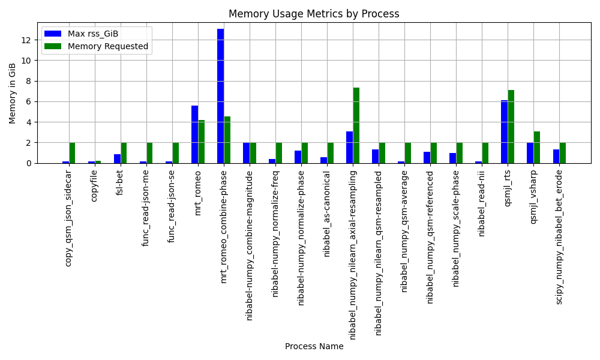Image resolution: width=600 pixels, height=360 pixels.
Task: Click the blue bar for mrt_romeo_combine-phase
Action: (220, 96)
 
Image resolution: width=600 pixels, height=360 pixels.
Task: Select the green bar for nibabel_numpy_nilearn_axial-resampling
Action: (356, 125)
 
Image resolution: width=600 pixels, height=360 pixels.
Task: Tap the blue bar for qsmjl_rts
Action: (505, 131)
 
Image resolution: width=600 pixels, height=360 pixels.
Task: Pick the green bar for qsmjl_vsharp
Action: (537, 147)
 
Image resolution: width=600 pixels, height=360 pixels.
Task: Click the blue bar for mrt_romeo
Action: (195, 134)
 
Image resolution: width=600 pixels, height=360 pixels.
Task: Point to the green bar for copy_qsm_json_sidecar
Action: (73, 153)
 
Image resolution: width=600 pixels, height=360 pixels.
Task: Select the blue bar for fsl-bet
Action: (118, 159)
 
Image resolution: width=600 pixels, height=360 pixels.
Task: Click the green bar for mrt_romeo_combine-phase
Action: (227, 140)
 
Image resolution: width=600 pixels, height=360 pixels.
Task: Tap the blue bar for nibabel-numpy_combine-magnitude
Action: (247, 153)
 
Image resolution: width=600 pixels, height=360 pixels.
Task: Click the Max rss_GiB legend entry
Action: (82, 34)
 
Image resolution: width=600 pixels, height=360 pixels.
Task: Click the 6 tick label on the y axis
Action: (29, 102)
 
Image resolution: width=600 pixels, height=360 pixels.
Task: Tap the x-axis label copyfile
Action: (94, 186)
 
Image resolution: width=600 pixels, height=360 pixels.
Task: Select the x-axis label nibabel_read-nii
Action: (481, 203)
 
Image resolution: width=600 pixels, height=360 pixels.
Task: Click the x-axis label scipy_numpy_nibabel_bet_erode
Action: (559, 237)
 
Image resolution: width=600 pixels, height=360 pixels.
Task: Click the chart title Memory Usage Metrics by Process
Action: (314, 14)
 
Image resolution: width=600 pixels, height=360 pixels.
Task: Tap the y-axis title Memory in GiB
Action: (12, 94)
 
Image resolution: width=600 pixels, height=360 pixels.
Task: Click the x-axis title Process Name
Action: (314, 346)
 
